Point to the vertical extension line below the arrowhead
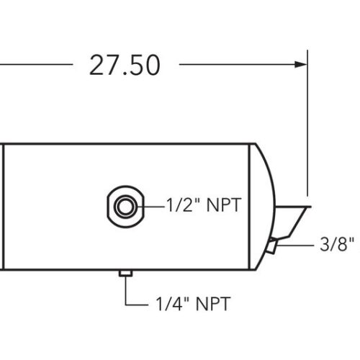tap(307, 130)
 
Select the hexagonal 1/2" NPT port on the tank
tap(124, 207)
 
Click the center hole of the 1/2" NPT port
tap(125, 207)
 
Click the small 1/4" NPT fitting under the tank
tap(125, 274)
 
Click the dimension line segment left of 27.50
tap(36, 64)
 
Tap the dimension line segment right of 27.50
tap(238, 64)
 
